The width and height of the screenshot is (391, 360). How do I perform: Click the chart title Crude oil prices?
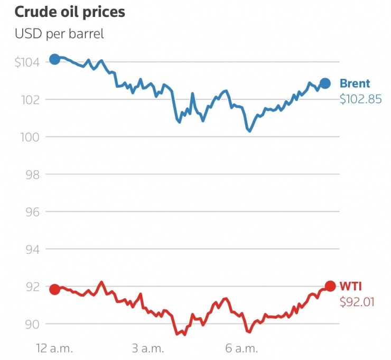pos(70,12)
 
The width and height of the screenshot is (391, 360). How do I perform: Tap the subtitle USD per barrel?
pos(59,34)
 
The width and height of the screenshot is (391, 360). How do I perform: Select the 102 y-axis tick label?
pos(31,99)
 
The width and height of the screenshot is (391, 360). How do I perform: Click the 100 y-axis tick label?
pos(31,137)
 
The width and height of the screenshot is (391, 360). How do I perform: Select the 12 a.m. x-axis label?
pos(54,348)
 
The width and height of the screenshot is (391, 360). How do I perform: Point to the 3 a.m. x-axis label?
pos(148,348)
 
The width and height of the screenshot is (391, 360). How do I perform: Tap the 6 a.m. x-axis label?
pos(241,348)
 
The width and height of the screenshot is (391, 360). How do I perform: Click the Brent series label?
pos(355,84)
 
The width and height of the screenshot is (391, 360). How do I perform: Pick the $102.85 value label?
pos(360,99)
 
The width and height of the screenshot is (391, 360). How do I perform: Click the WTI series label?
pos(350,287)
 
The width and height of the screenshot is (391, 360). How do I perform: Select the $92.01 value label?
pos(357,302)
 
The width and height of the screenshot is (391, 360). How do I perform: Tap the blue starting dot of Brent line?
pos(54,59)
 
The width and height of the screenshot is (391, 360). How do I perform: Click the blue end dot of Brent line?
pos(325,83)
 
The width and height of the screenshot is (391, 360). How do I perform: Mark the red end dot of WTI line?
pos(330,286)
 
